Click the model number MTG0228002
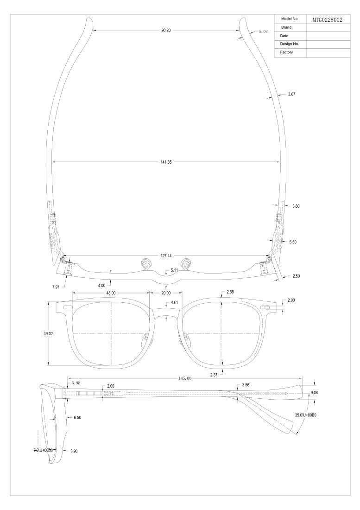pos(327,20)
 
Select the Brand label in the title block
pos(286,27)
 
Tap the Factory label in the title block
pos(286,52)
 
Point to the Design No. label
pos(289,44)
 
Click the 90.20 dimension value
pos(166,30)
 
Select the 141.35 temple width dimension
pos(166,162)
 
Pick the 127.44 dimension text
pos(166,256)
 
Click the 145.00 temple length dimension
pos(185,378)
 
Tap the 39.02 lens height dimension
pos(48,334)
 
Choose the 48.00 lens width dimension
pos(111,293)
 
